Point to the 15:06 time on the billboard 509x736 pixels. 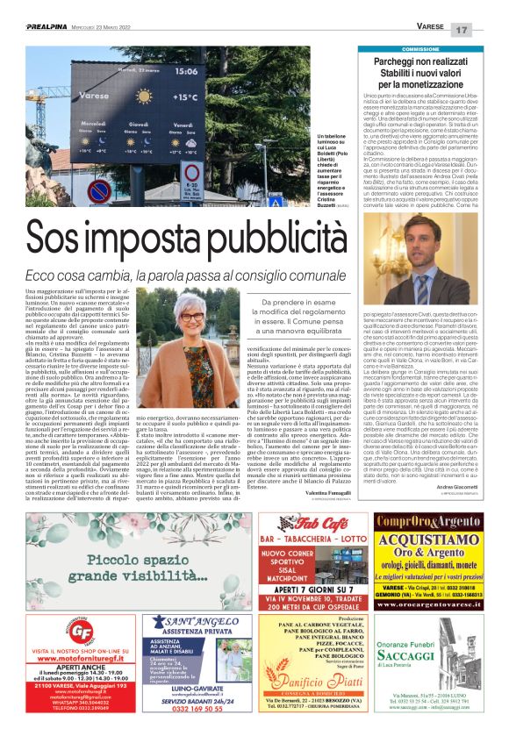pyautogui.click(x=186, y=70)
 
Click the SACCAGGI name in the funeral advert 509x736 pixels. pyautogui.click(x=436, y=679)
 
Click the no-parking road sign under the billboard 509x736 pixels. pyautogui.click(x=99, y=189)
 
